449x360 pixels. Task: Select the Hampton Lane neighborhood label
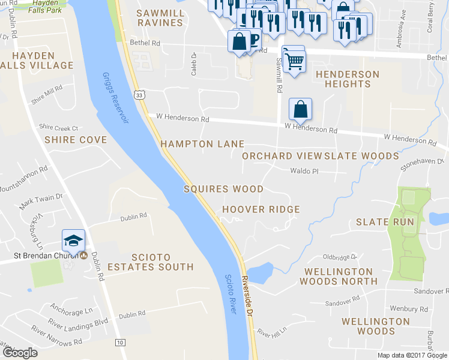coord(202,144)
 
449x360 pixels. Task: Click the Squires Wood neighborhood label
coord(223,189)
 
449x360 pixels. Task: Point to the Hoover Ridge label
coord(261,209)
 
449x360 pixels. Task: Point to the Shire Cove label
coord(68,140)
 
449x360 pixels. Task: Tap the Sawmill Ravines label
coord(159,17)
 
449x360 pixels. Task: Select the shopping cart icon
coord(294,61)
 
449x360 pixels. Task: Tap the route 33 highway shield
coord(139,95)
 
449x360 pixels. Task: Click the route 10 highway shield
coord(121,342)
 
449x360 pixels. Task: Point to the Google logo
coord(20,353)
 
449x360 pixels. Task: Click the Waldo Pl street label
coord(304,171)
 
